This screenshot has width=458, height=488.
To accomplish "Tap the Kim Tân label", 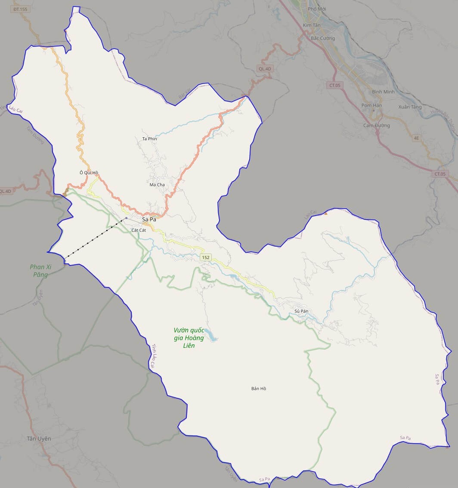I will (x=312, y=25).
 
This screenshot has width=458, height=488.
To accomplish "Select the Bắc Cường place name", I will (x=322, y=38).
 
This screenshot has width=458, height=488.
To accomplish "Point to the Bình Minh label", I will (x=383, y=92).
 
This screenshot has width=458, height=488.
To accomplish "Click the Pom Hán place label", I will (x=371, y=105).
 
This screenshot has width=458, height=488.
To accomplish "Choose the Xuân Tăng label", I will (x=410, y=107).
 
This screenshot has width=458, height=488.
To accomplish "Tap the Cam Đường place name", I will (x=376, y=126).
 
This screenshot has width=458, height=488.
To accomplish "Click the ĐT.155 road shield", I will (x=20, y=9).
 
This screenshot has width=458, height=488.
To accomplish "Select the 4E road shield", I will (x=416, y=138).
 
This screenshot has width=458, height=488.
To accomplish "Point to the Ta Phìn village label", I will (x=149, y=139).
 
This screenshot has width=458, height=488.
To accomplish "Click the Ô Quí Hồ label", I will (x=89, y=173).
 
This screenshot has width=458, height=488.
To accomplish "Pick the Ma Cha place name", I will (x=157, y=185).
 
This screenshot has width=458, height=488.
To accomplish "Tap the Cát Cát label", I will (x=139, y=230).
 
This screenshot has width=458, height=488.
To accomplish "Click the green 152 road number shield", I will (x=205, y=257).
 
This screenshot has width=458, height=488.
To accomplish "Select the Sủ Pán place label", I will (x=302, y=311).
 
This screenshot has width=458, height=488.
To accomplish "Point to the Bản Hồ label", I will (x=259, y=389).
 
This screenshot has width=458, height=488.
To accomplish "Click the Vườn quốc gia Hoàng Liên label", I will (x=189, y=338).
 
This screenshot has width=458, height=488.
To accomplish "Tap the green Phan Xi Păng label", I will (x=40, y=271).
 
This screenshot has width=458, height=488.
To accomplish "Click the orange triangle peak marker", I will (x=326, y=213).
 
